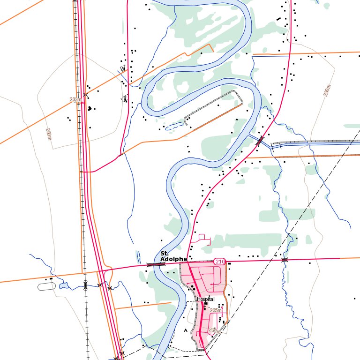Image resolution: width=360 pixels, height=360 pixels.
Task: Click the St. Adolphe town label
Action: point(173,256)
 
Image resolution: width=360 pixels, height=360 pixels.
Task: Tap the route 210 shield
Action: point(219,261)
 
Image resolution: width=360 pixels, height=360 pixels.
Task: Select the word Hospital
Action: point(206,299)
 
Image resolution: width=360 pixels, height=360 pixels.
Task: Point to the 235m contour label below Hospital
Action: point(216,310)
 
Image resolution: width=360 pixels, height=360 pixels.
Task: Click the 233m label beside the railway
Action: point(75,99)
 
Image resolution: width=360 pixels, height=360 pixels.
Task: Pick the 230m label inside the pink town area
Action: point(214,330)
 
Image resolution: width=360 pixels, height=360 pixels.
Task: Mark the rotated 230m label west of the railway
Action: point(49,134)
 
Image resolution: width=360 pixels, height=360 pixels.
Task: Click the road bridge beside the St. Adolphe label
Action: point(156,265)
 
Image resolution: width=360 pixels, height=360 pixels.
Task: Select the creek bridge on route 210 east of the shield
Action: point(284,260)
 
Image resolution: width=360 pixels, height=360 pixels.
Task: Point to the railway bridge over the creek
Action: point(85,285)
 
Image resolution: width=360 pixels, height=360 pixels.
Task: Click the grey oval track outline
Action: point(46,285)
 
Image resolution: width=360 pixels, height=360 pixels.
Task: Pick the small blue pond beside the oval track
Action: point(64,285)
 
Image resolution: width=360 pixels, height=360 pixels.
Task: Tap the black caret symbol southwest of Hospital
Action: point(186,330)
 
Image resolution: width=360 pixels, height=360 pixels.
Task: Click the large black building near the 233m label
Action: point(89,108)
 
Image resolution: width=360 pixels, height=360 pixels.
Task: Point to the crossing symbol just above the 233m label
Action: point(85,95)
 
